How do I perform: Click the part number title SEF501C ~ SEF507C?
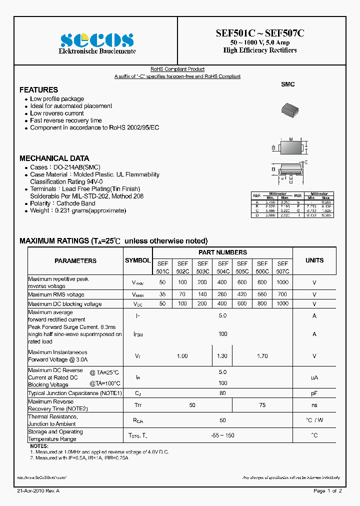260,33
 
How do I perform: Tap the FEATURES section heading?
38,90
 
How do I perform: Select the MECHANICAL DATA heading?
54,158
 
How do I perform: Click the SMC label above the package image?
287,84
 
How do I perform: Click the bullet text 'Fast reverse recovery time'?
66,120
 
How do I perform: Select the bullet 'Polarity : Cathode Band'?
62,203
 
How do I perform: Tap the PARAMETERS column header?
75,261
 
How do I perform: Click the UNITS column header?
314,260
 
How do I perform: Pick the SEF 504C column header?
223,267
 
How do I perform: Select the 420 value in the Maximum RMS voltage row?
242,294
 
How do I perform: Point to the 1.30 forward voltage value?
222,356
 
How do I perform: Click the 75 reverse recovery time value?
262,404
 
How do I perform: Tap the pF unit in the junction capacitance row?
314,393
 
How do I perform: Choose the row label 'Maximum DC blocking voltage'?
64,304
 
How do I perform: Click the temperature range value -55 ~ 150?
222,435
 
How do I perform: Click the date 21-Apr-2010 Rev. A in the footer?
38,491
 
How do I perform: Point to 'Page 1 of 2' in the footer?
327,491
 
